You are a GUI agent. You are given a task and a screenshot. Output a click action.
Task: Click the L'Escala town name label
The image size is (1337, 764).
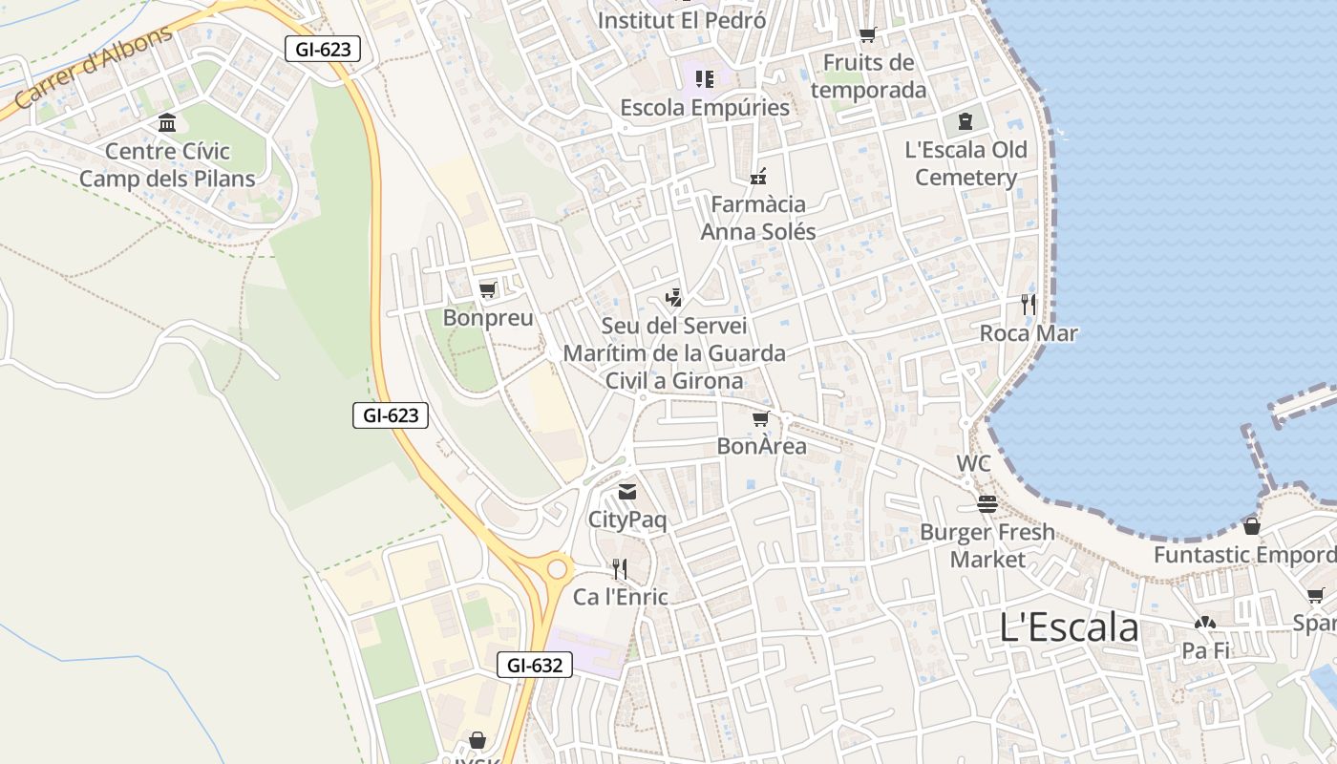pos(1069,627)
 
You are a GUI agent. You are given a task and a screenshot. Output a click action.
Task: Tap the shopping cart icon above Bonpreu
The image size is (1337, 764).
pos(488,289)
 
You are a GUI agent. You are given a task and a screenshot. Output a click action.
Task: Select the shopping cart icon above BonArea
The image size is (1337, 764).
pos(761,418)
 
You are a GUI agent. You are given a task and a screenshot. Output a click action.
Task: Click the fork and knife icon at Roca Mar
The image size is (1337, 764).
pos(1029,305)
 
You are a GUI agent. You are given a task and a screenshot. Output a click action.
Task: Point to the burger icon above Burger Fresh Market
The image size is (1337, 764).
pos(987,503)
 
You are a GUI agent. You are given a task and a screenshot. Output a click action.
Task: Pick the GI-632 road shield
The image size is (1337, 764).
pos(535,665)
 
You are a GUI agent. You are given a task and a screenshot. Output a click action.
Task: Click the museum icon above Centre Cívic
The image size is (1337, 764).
pos(167,122)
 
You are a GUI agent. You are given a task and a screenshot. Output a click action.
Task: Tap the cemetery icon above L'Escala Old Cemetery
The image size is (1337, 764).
pos(966,121)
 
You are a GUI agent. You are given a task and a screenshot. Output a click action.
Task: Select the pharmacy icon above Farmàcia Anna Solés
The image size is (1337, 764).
pos(759,176)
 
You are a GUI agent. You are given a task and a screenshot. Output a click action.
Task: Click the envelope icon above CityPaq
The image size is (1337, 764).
pos(626,492)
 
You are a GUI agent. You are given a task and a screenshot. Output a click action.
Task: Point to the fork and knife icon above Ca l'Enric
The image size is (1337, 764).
pos(620,569)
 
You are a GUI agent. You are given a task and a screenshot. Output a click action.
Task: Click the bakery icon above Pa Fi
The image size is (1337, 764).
pos(1205,623)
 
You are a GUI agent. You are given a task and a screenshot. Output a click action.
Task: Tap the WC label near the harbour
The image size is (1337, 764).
pos(973,464)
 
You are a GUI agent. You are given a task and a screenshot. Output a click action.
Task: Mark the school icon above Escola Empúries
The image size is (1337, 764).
pos(705,79)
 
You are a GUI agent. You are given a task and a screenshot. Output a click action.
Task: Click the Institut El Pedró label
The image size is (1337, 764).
pos(681,19)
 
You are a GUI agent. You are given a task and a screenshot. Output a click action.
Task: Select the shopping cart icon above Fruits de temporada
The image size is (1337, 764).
pos(867,35)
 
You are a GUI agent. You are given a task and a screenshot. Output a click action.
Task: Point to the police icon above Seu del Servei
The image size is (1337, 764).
pos(674,298)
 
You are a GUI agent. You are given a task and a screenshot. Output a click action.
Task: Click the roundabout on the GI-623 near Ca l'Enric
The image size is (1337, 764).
pos(556,570)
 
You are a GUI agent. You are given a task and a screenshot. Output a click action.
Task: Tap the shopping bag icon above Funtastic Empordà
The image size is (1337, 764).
pos(1251,526)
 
